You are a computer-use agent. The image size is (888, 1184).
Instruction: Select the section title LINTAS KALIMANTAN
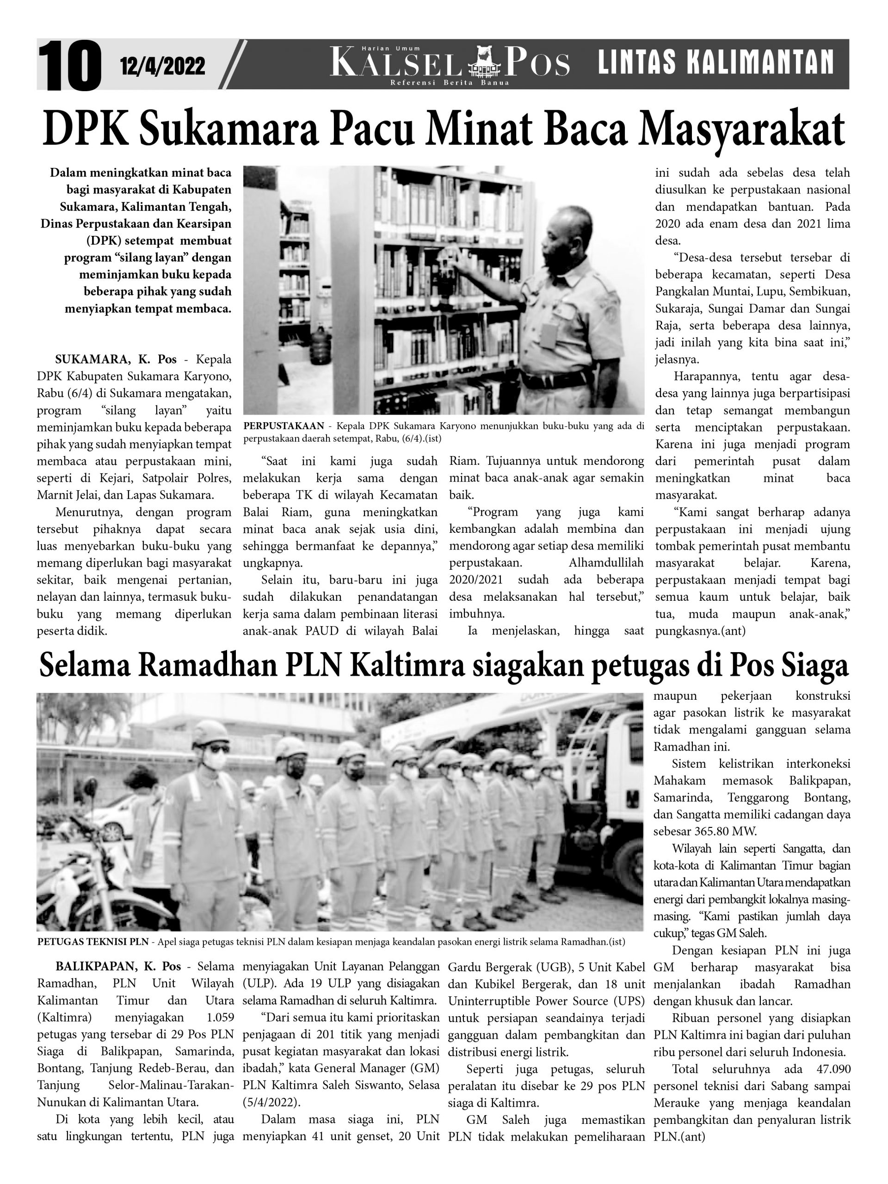715,62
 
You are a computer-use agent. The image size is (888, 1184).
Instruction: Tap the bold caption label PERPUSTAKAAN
283,426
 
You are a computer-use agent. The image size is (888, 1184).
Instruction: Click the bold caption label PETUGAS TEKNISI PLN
94,942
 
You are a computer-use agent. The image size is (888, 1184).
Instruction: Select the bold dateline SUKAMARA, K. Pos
116,359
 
